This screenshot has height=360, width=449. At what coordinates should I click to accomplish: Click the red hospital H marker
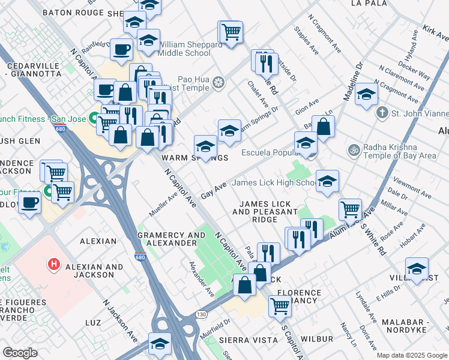pos(53,263)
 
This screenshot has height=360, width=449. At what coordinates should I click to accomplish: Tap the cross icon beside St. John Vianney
pos(382,112)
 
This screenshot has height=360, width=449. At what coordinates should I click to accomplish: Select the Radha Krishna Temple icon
pos(354,150)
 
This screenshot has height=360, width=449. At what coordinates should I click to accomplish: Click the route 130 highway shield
pos(201,314)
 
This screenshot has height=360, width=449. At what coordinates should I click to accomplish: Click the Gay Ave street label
pos(214,191)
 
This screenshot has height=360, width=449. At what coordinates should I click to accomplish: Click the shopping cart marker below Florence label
pos(280,305)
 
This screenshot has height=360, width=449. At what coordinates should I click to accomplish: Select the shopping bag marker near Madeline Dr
pos(324,127)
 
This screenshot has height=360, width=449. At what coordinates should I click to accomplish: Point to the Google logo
pos(20,352)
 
